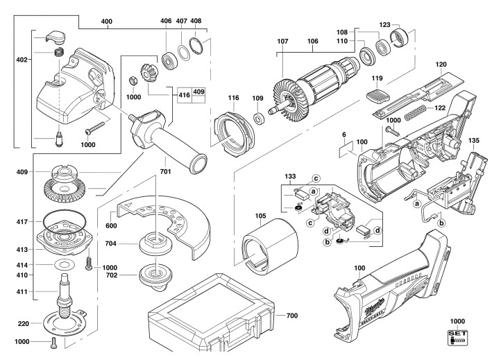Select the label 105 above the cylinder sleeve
(260, 215)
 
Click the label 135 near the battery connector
(474, 139)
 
